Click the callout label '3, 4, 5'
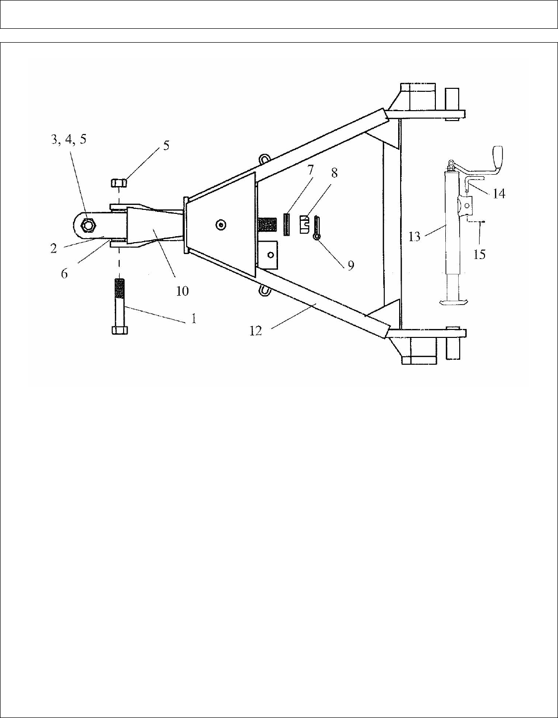coord(69,139)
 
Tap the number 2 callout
coord(54,248)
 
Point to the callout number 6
coord(65,273)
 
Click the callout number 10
coord(182,291)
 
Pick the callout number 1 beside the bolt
coord(193,318)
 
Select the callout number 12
coord(255,331)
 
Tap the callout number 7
coord(311,170)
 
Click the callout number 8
coord(334,173)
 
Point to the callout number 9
coord(350,266)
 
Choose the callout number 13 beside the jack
coord(414,237)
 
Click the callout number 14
coord(499,193)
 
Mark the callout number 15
coord(479,255)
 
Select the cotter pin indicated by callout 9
coord(316,228)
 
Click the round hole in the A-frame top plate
coord(220,225)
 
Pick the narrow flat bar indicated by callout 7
coord(286,224)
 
